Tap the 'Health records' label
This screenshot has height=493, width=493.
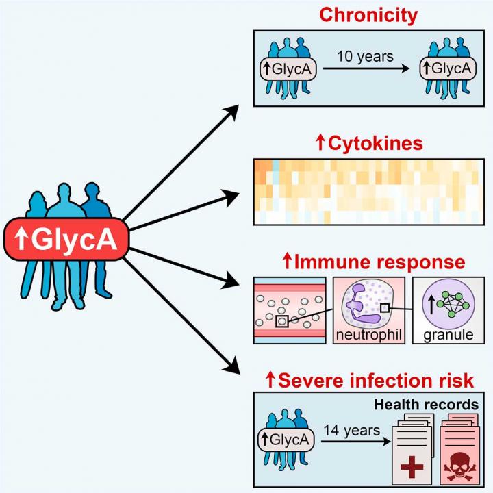pos(425,405)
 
